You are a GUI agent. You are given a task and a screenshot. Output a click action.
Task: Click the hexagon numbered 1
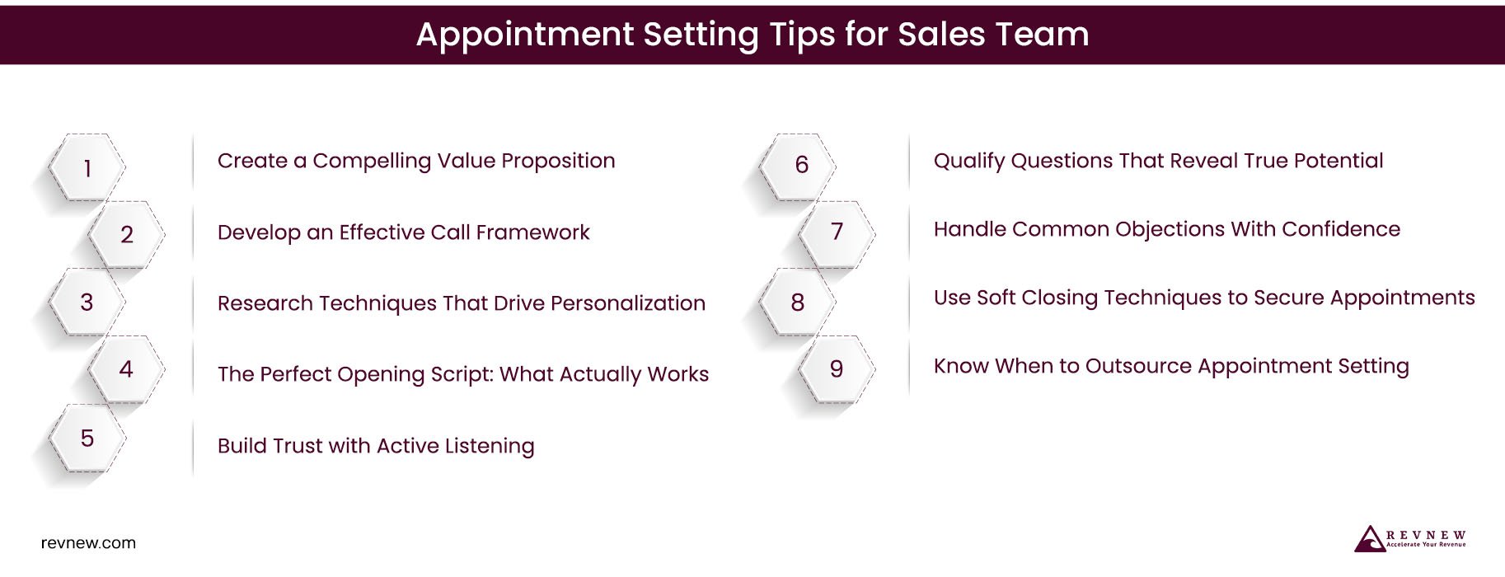(x=87, y=167)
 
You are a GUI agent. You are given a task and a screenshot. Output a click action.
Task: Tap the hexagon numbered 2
(x=126, y=235)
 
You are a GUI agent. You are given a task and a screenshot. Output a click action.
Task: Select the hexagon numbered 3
(x=87, y=303)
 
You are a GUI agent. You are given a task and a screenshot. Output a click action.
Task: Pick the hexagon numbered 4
(x=126, y=369)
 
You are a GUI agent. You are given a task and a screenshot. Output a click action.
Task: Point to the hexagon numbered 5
(x=87, y=438)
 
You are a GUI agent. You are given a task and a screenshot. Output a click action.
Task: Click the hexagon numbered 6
(x=800, y=165)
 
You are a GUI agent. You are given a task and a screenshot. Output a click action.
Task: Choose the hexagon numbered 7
(x=837, y=232)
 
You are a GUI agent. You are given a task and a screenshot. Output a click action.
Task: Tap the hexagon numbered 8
(x=797, y=303)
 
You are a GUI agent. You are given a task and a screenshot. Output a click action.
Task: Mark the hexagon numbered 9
(x=837, y=369)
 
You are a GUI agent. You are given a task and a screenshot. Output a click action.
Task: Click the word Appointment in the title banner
(x=524, y=35)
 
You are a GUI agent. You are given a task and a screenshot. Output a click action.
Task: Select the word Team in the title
(x=1043, y=35)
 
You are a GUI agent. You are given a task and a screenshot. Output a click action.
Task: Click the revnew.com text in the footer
(x=88, y=543)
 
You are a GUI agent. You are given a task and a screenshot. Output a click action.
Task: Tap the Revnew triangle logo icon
(x=1370, y=539)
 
